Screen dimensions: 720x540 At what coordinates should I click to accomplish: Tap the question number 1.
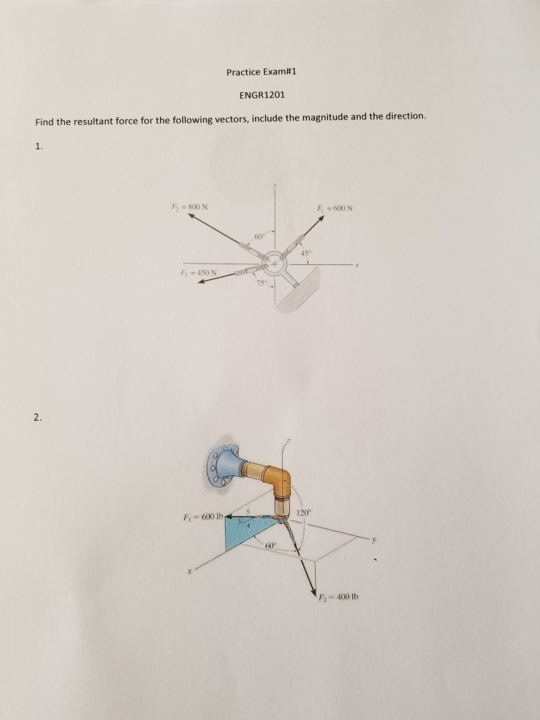39,148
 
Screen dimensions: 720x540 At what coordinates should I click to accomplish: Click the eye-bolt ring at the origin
273,263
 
